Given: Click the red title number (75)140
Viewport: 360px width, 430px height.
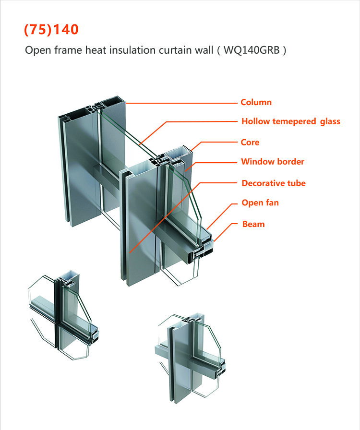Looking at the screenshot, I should click(x=51, y=30).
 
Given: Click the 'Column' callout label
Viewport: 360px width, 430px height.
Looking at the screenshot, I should click(x=256, y=102).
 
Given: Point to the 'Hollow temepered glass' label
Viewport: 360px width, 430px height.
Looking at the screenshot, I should click(x=290, y=121).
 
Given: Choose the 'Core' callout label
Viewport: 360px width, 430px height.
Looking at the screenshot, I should click(x=250, y=143).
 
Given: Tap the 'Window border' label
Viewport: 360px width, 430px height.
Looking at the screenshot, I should click(x=273, y=162).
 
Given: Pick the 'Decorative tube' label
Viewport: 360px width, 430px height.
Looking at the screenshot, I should click(x=273, y=183).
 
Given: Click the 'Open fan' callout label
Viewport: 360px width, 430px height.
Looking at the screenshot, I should click(x=260, y=203).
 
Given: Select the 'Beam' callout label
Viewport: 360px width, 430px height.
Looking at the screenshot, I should click(x=253, y=224).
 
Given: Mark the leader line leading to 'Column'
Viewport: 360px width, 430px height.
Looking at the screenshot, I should click(x=182, y=103).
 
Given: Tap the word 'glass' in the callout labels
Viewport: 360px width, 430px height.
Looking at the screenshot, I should click(x=329, y=121).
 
